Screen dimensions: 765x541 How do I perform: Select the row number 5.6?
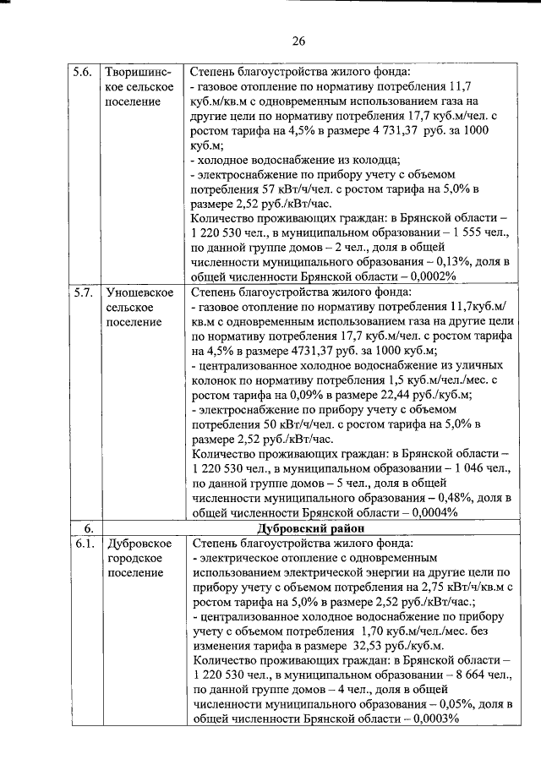point(82,71)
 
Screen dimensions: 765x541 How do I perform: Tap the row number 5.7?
point(82,292)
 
